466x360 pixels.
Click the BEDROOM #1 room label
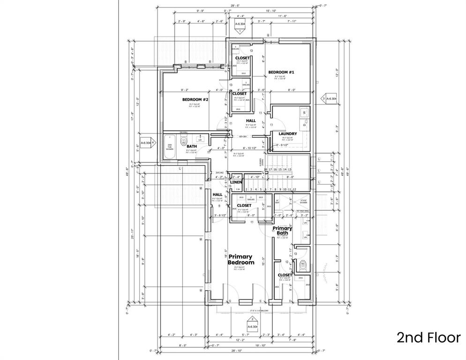pyautogui.click(x=281, y=72)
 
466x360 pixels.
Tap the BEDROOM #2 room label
pyautogui.click(x=195, y=100)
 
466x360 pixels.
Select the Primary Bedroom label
pyautogui.click(x=241, y=260)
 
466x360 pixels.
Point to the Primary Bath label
pyautogui.click(x=283, y=231)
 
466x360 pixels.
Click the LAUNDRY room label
pyautogui.click(x=287, y=134)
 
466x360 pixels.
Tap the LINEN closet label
pyautogui.click(x=236, y=182)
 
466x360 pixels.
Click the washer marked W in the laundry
pyautogui.click(x=304, y=112)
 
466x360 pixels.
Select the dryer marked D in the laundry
pyautogui.click(x=304, y=125)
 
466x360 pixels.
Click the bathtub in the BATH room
pyautogui.click(x=170, y=147)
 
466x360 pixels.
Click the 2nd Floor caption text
pyautogui.click(x=428, y=337)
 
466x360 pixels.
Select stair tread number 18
pyautogui.click(x=265, y=170)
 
